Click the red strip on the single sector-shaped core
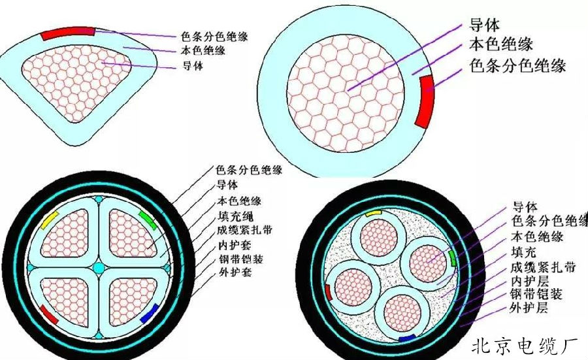67,33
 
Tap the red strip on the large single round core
425,101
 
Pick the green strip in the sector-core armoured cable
148,220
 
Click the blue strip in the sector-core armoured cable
149,314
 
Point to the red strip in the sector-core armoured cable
49,314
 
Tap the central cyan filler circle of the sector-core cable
99,268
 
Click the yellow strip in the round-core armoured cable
373,213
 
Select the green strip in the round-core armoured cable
453,258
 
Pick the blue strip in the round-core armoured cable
407,338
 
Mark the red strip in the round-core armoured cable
329,293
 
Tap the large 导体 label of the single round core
484,25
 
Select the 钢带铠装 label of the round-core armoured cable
536,294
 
